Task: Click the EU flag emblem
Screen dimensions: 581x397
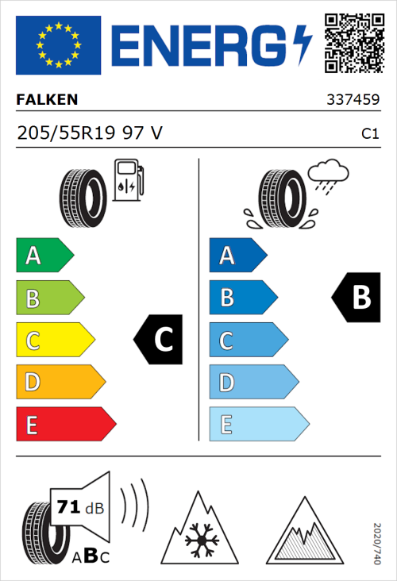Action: (58, 45)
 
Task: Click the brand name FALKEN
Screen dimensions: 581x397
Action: (47, 101)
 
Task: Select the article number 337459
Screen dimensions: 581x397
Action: (352, 101)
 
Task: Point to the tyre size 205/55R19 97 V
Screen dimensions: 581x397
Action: (90, 133)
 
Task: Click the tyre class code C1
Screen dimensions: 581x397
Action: (369, 134)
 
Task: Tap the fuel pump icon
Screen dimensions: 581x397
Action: (128, 181)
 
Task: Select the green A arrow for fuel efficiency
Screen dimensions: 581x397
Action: (44, 256)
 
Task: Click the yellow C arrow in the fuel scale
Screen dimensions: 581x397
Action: (54, 340)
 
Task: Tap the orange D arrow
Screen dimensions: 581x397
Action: (60, 382)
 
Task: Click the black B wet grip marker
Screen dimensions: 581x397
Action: (354, 298)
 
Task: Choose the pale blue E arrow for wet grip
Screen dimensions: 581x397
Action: (258, 424)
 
